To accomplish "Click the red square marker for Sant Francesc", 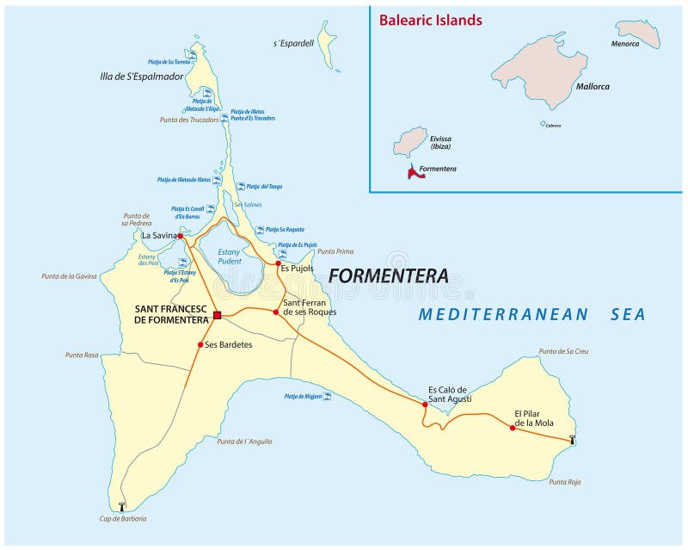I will pyautogui.click(x=218, y=316).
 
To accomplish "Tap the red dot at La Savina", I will pyautogui.click(x=180, y=235).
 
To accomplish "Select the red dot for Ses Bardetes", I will pyautogui.click(x=200, y=345).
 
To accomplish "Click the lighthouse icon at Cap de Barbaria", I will pyautogui.click(x=121, y=506).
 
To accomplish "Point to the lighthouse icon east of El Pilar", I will pyautogui.click(x=572, y=440).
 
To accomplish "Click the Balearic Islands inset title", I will pyautogui.click(x=430, y=21).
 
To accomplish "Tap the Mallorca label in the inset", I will pyautogui.click(x=593, y=87).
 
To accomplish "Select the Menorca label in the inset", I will pyautogui.click(x=625, y=44).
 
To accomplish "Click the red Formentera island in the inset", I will pyautogui.click(x=415, y=172).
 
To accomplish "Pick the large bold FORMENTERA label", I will pyautogui.click(x=388, y=276).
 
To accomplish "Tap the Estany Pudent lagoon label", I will pyautogui.click(x=229, y=256).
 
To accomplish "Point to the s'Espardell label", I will pyautogui.click(x=293, y=42).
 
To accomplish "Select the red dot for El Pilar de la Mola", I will pyautogui.click(x=513, y=428).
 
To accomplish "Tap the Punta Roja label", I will pyautogui.click(x=563, y=482).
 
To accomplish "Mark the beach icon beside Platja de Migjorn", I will pyautogui.click(x=327, y=396).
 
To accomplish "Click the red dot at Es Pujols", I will pyautogui.click(x=279, y=263).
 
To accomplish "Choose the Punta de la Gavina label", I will pyautogui.click(x=68, y=276).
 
